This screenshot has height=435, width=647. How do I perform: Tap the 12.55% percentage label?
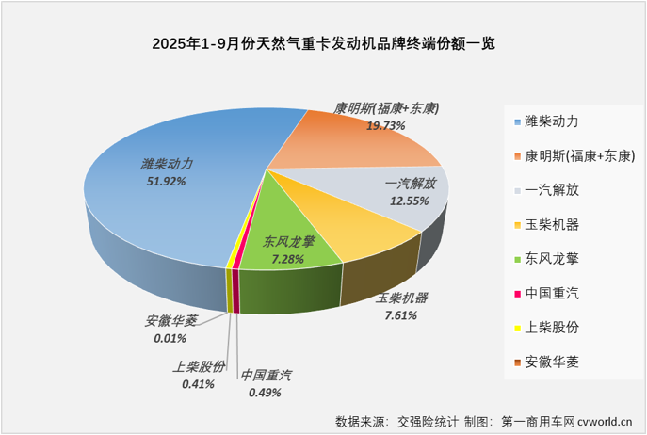click(x=408, y=201)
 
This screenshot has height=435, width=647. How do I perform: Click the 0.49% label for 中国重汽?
click(x=267, y=392)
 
